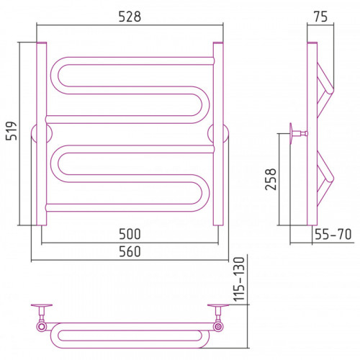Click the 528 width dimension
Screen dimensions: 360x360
point(130,17)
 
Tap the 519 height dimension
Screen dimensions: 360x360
point(12,131)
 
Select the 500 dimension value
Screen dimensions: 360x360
point(130,234)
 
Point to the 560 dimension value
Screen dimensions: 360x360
point(130,251)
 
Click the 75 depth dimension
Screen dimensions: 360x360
point(320,17)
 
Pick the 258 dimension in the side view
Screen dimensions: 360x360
point(271,179)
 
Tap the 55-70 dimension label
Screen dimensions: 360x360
point(333,234)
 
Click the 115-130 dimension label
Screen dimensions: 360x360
point(239,279)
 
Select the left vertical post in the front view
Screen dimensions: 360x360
point(42,134)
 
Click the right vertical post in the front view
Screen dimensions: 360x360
point(218,134)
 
